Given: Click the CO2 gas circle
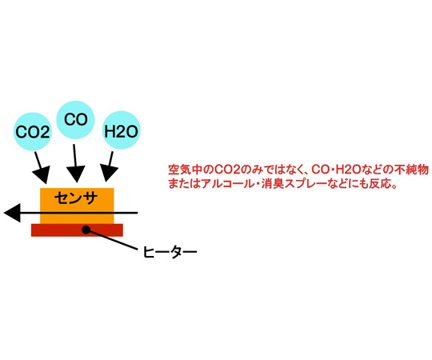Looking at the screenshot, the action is [33, 131].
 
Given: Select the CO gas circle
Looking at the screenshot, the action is [75, 120].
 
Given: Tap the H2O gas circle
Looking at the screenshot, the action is [121, 130].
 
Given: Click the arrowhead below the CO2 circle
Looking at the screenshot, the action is [42, 175].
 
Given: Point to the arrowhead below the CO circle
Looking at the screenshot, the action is [76, 174].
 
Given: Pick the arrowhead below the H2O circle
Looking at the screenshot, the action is [109, 173].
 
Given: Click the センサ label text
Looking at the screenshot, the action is [76, 198].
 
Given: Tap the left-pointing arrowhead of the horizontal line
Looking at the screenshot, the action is [12, 213].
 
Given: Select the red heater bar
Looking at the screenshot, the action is [77, 230].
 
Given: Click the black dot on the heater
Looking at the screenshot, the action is [86, 230].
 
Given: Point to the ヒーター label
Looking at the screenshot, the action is [170, 252].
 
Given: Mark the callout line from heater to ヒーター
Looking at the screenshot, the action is [112, 239].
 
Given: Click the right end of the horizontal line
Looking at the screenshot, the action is [138, 213].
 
